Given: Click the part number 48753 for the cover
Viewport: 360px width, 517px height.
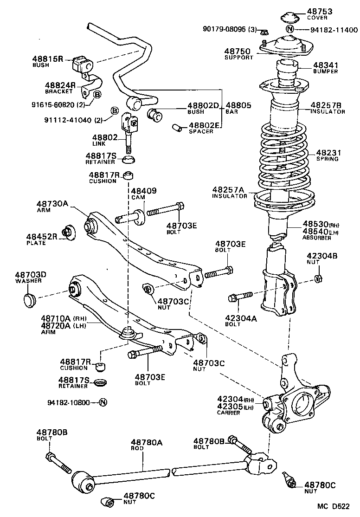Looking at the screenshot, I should (317, 11).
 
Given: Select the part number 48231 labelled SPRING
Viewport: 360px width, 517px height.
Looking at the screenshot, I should (328, 152).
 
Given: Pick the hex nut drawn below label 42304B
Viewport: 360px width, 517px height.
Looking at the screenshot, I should (318, 278).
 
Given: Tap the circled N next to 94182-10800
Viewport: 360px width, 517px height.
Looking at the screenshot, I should (103, 402).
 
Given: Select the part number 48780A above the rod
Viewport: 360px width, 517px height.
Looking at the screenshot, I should (146, 443).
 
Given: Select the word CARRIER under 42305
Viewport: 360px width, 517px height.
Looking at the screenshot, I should (228, 413).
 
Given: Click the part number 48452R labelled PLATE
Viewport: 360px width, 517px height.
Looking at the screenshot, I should (42, 236).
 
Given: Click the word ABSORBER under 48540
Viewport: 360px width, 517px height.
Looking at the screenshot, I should (317, 238).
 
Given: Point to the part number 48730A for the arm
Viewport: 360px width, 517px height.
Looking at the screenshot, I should (52, 203).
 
